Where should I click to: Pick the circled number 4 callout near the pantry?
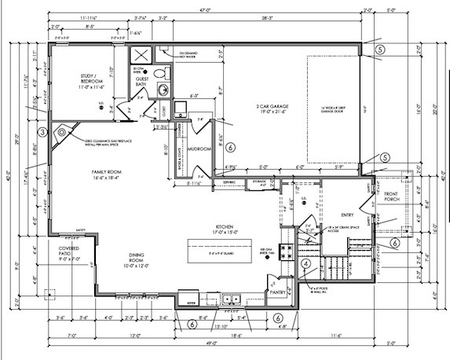[305, 264]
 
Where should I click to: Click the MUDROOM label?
[201, 149]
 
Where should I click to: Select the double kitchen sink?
[231, 299]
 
